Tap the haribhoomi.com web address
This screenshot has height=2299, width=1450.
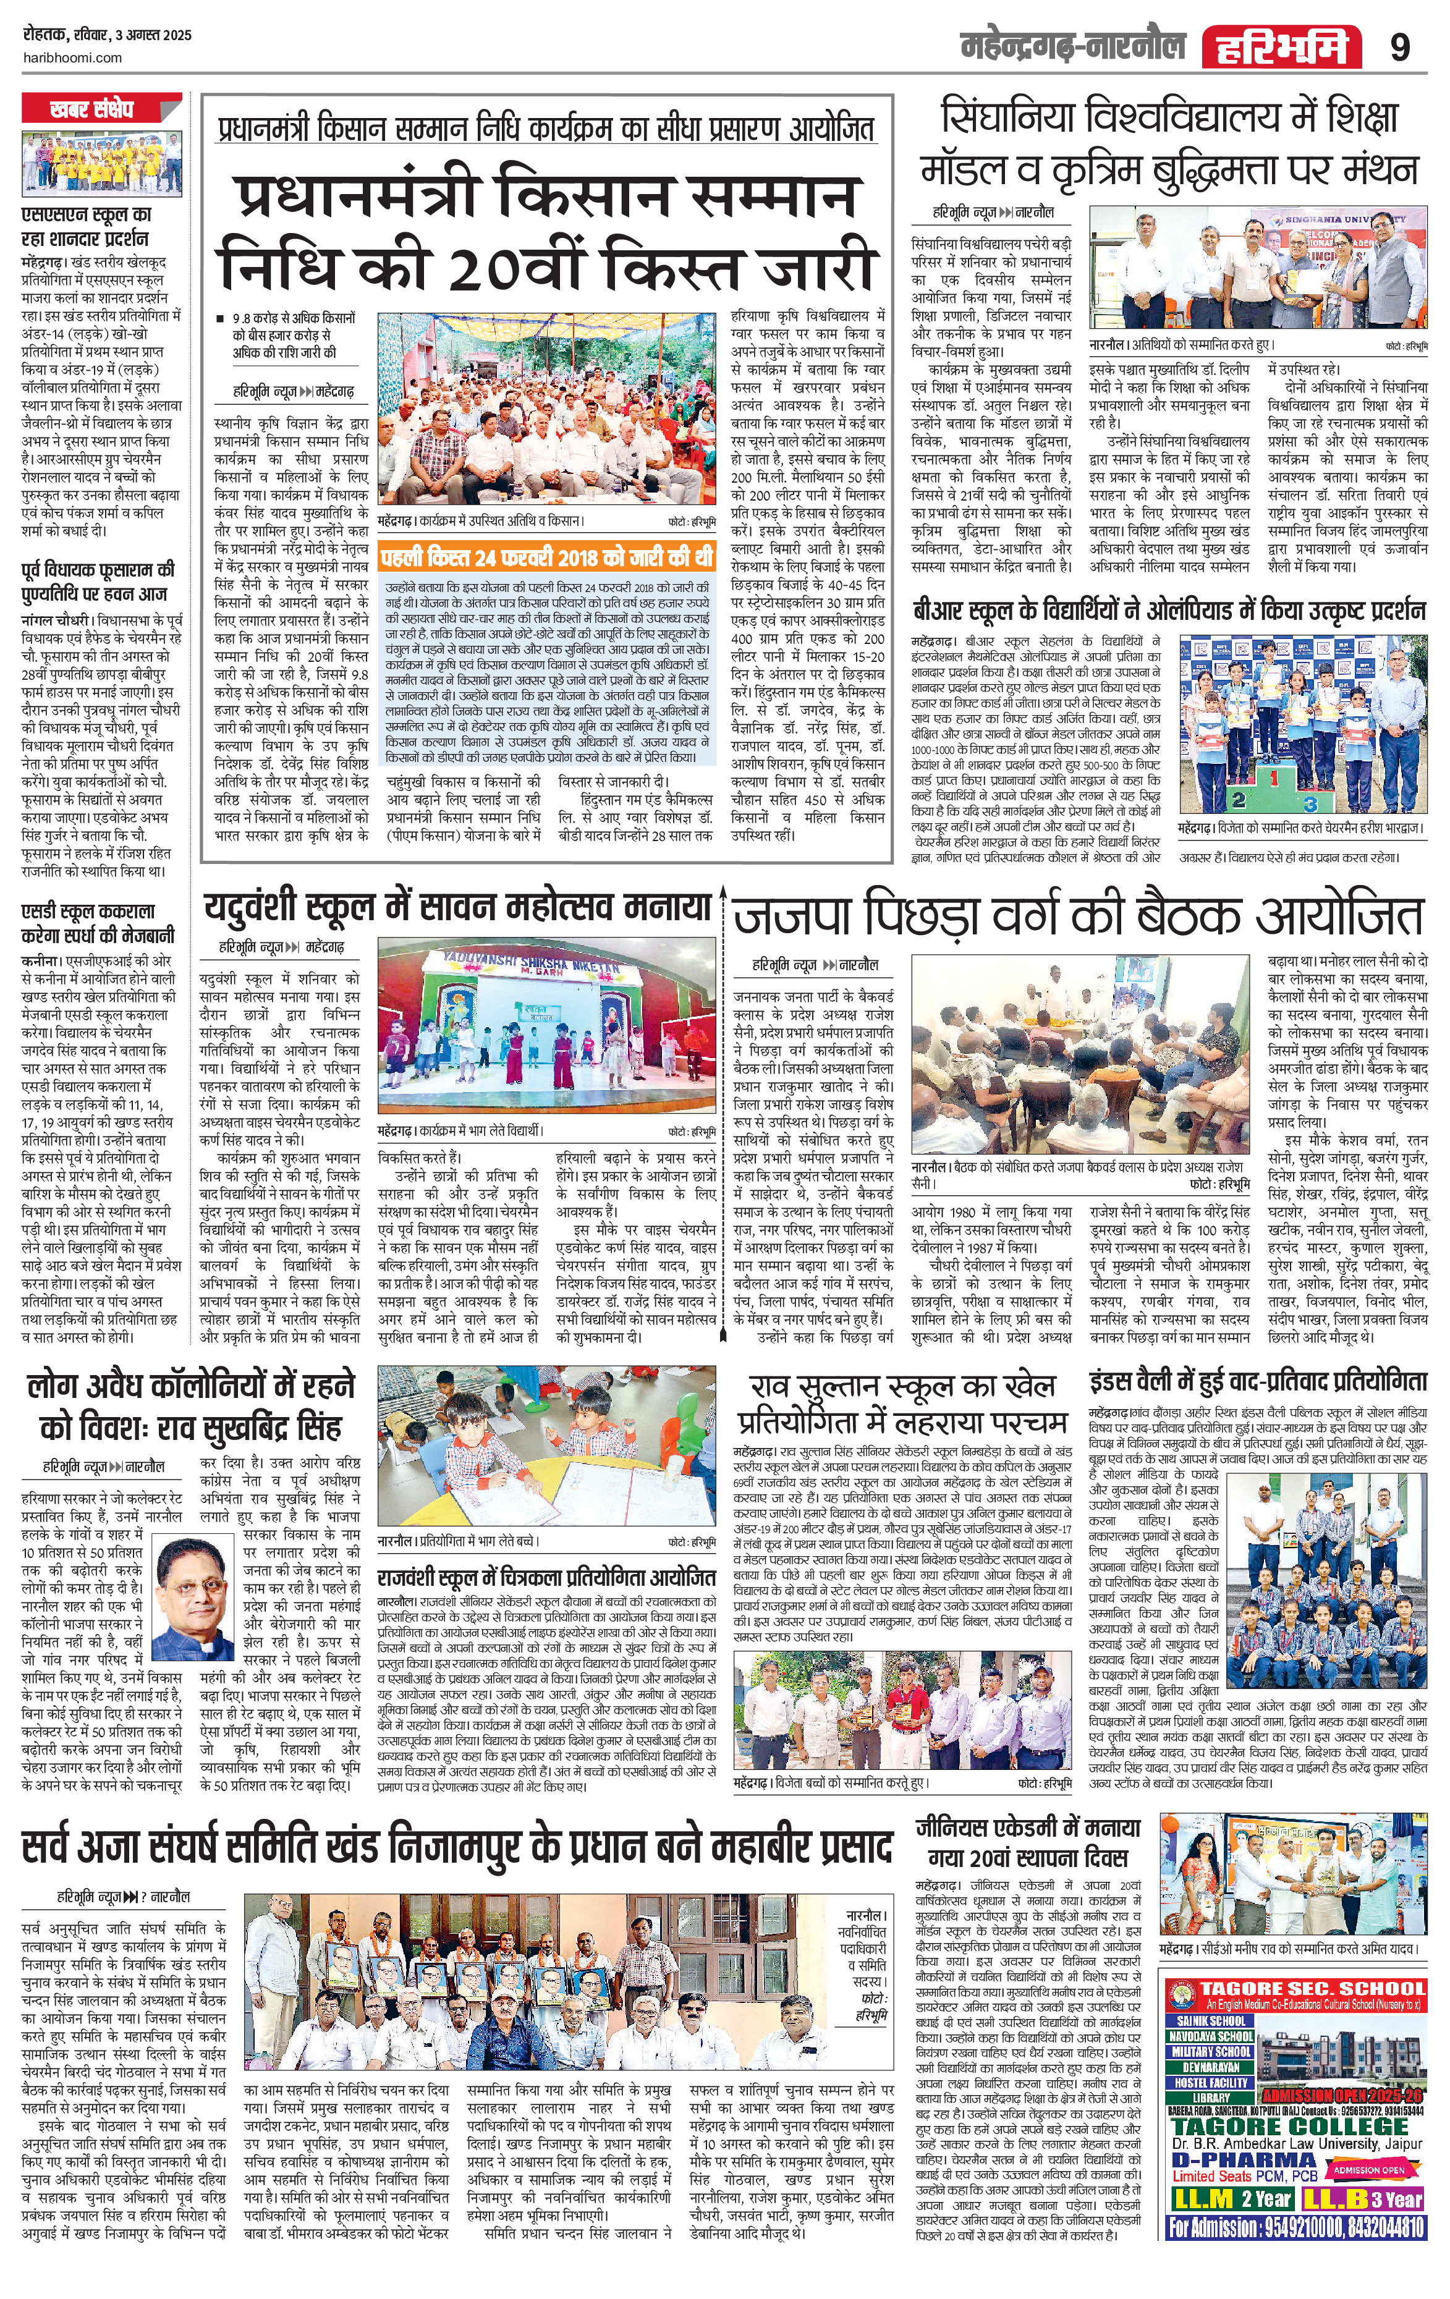72,57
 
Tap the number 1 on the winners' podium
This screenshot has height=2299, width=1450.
1273,778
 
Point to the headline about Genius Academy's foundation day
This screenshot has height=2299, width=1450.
1027,1844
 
